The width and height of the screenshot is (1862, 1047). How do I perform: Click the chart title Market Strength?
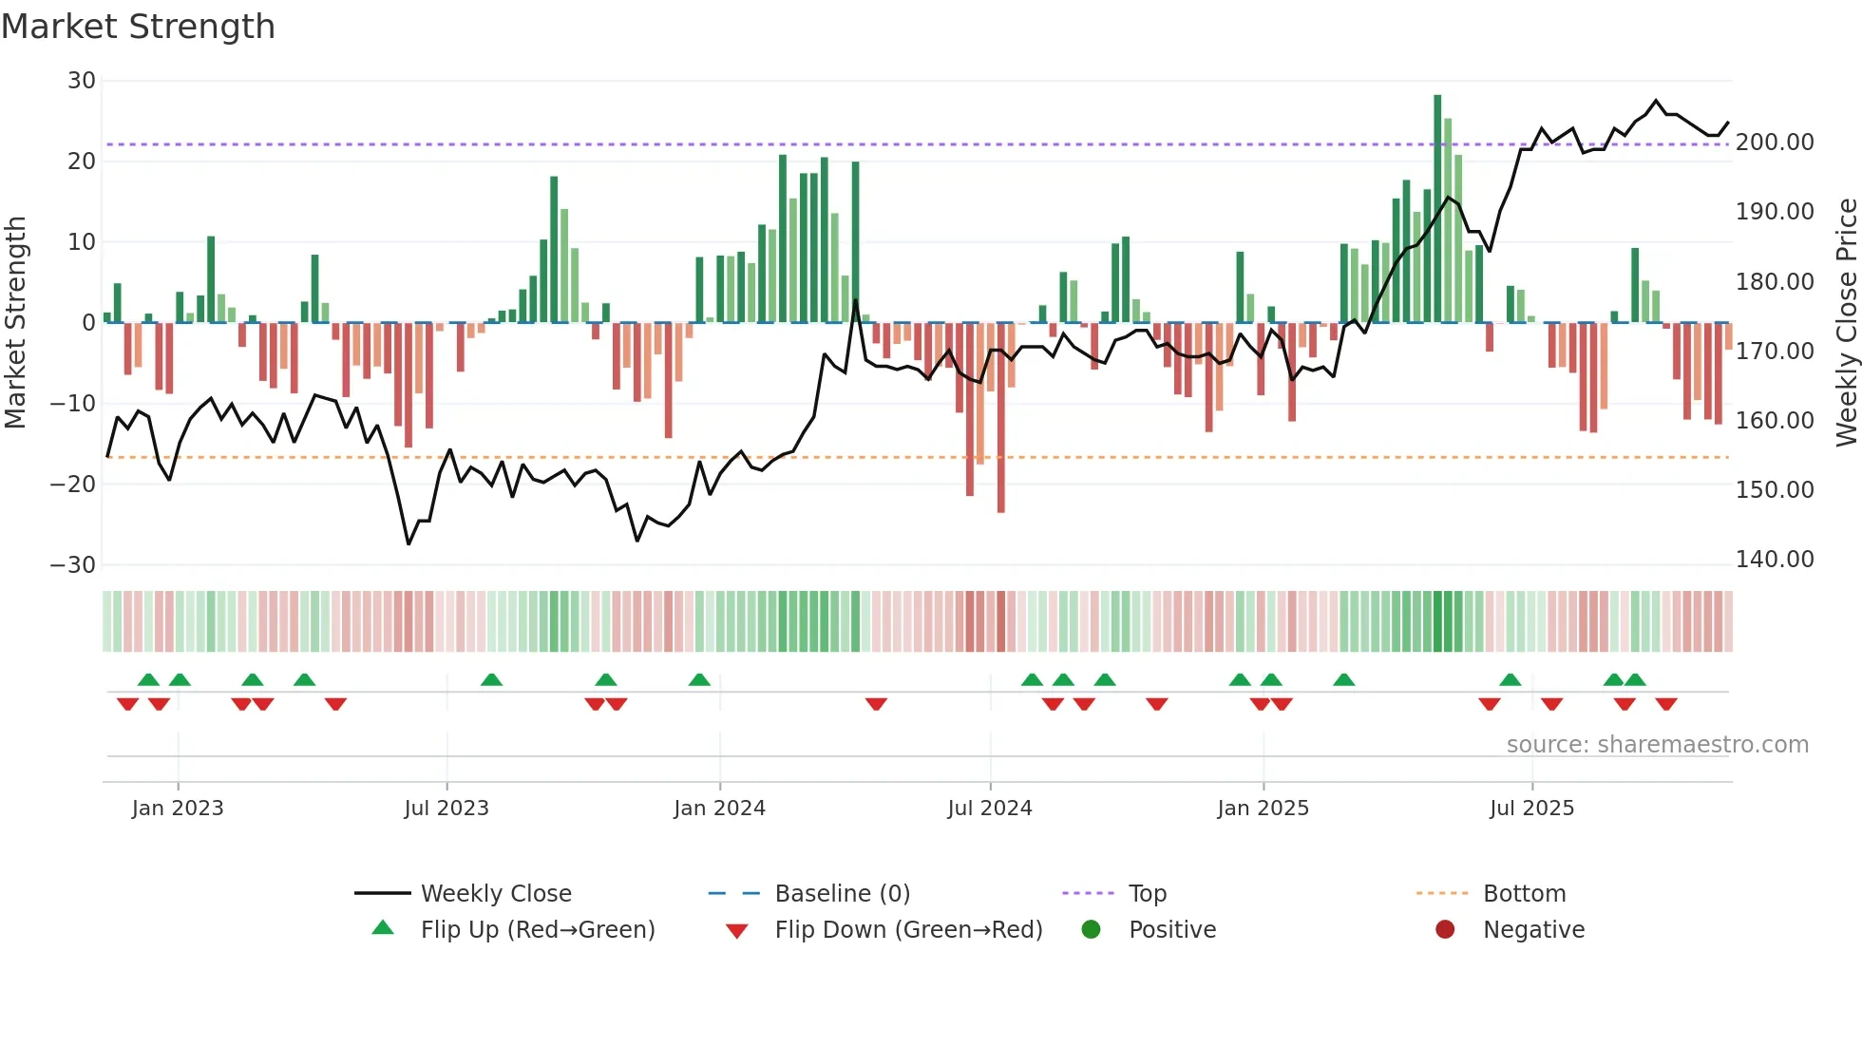tap(138, 27)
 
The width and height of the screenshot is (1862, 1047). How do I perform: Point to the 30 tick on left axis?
tap(82, 81)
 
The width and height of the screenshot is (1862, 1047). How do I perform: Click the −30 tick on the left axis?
tap(74, 565)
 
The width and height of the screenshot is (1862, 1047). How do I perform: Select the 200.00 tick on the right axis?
tap(1774, 143)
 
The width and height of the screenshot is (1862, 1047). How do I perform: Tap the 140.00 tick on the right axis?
tap(1774, 560)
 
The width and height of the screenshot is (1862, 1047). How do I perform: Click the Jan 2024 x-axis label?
tap(719, 809)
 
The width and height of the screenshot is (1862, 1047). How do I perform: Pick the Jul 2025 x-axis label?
tap(1531, 809)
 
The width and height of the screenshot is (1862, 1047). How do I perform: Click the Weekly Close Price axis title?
tap(1846, 323)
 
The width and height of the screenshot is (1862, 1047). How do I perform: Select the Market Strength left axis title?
tap(15, 323)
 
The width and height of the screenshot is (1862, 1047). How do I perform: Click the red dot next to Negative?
tap(1445, 930)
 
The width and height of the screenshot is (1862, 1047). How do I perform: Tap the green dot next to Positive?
tap(1091, 930)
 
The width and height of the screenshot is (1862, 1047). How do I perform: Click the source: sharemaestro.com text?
tap(1657, 745)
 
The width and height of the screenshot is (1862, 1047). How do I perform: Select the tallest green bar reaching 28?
tap(1437, 209)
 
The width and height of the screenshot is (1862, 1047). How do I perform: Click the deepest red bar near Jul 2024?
tap(1000, 418)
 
